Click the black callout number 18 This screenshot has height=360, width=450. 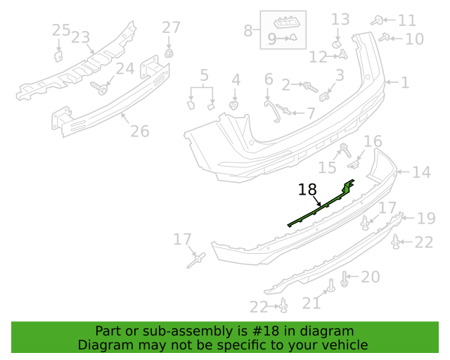[x=307, y=189]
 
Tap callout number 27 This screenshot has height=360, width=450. [x=171, y=27]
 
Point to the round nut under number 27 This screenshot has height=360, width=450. [x=169, y=53]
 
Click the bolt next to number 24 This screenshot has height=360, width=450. [x=99, y=88]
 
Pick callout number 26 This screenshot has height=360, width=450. [x=140, y=131]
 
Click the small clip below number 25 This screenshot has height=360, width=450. [x=58, y=56]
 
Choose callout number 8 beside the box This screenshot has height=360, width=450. [x=247, y=30]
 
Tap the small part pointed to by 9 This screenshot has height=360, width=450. [x=293, y=37]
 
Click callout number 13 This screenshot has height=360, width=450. [x=340, y=20]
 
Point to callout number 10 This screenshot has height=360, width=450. [x=414, y=39]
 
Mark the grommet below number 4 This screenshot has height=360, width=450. [x=234, y=105]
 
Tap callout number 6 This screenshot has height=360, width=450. [x=269, y=79]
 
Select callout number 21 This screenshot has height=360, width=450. [x=311, y=303]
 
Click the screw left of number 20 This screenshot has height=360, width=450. [x=344, y=278]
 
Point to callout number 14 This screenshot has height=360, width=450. [x=421, y=172]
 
